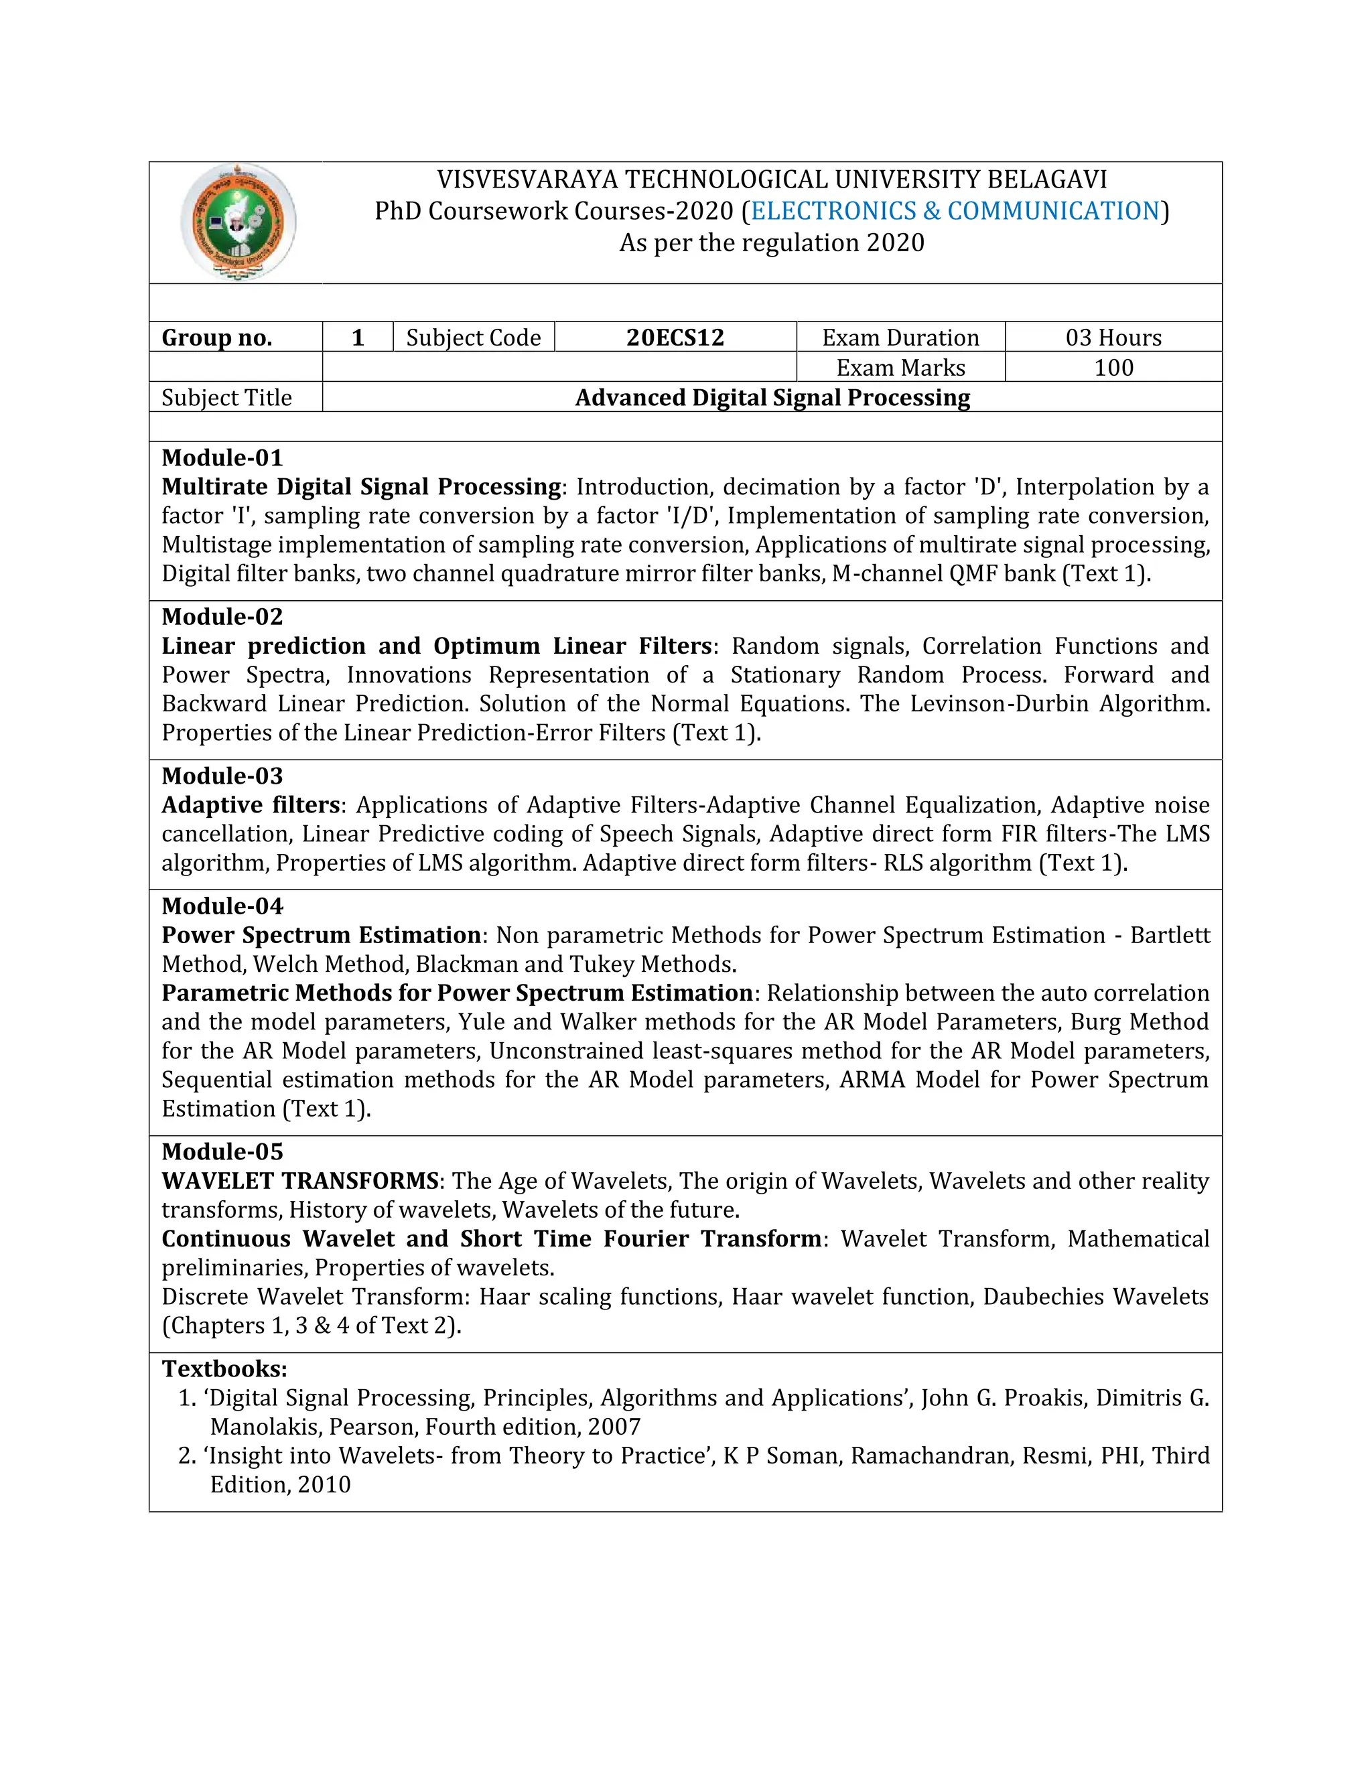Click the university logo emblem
pos(237,222)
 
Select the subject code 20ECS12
pos(675,338)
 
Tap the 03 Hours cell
pos(1113,338)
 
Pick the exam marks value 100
pos(1113,367)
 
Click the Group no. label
pos(217,338)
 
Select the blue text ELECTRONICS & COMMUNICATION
pos(955,210)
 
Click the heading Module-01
pos(222,457)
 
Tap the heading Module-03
pos(222,776)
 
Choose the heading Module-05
pos(222,1151)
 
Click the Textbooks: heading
pos(224,1368)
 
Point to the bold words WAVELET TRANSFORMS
pos(300,1180)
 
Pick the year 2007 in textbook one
pos(614,1427)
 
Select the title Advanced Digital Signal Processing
pos(772,397)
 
